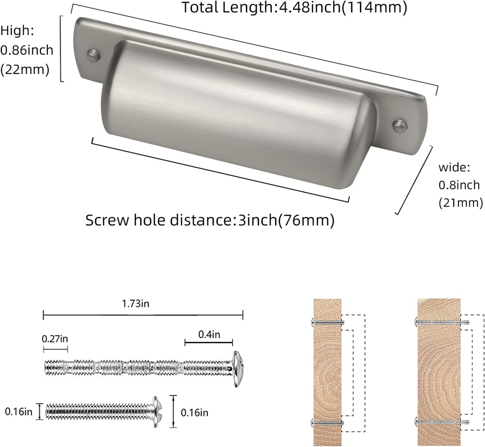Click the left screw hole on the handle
[93, 55]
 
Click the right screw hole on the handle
[399, 125]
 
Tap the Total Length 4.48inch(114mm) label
[294, 8]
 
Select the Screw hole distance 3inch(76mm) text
[210, 220]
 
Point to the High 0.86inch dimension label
[27, 50]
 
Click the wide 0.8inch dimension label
[460, 185]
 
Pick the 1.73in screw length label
[136, 304]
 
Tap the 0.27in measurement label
[55, 339]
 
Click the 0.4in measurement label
[209, 334]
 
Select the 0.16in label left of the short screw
[18, 411]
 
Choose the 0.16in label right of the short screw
[195, 412]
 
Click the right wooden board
[439, 372]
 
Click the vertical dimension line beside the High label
[62, 48]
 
